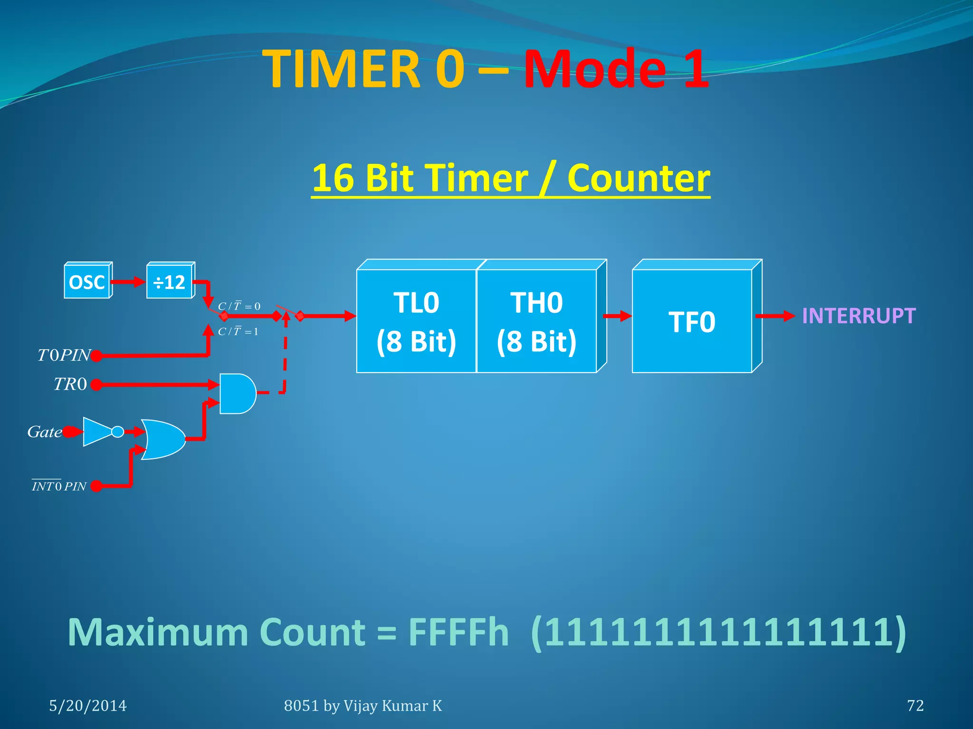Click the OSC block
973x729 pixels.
click(x=87, y=282)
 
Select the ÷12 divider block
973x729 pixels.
click(x=169, y=282)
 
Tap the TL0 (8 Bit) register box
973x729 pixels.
click(x=416, y=321)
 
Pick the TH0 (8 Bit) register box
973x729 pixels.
click(x=536, y=321)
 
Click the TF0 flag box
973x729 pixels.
click(x=692, y=321)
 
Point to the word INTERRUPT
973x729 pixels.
click(x=859, y=316)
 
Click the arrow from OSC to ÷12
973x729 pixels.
click(x=128, y=282)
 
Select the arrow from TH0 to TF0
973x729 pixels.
click(x=617, y=316)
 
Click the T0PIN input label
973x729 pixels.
click(x=64, y=355)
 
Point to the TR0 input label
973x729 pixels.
click(x=70, y=384)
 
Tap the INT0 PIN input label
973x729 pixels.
click(x=59, y=486)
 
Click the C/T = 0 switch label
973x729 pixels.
click(x=239, y=306)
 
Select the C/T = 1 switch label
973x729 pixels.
click(x=238, y=331)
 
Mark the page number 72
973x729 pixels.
click(x=915, y=706)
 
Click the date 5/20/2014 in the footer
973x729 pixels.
click(x=88, y=706)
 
